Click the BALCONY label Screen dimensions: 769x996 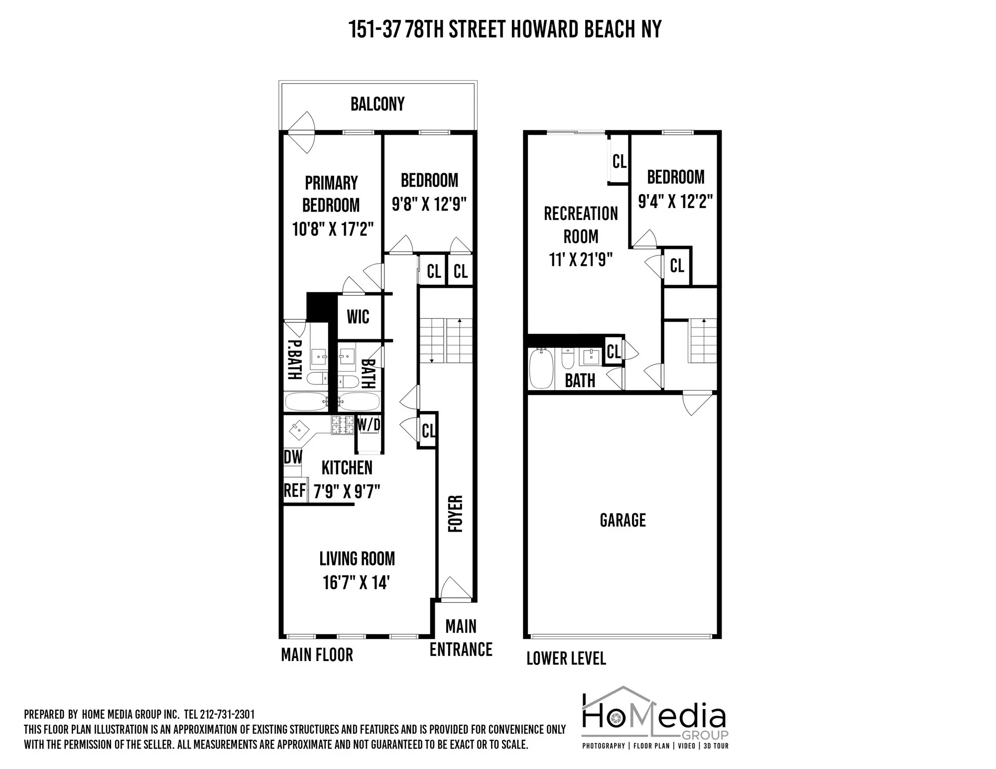pos(377,104)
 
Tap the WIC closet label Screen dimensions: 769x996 pos(358,317)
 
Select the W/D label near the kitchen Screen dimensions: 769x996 pos(369,425)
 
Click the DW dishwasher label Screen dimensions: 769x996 pos(293,457)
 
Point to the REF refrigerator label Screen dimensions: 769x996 pos(294,491)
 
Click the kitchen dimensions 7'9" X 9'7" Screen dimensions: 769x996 pos(347,492)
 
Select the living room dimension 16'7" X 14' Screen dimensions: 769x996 pos(356,582)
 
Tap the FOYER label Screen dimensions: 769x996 pos(455,513)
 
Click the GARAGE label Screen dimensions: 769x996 pos(622,520)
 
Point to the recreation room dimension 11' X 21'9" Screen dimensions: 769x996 pos(581,259)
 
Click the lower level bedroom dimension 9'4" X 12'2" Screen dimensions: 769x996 pos(675,201)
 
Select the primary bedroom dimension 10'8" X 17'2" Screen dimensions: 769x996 pos(332,229)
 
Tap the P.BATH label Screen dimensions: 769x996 pos(294,359)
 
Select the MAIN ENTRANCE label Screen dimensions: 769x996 pos(461,638)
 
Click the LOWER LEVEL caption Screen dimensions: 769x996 pos(566,659)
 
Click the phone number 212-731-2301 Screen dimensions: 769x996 pos(227,715)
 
